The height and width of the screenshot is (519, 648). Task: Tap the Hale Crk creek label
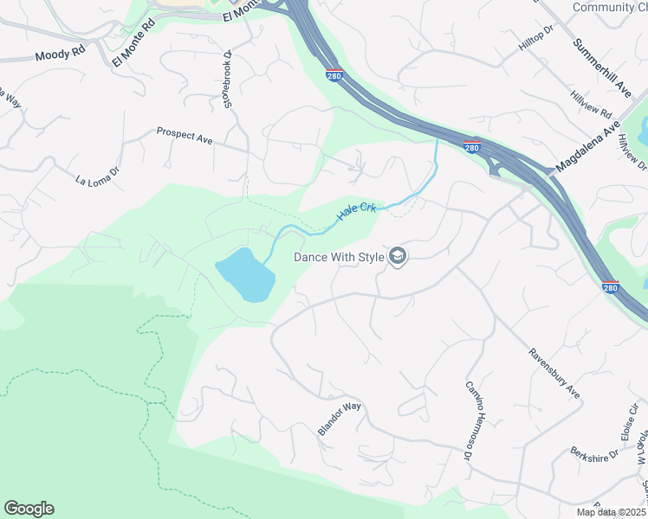click(356, 210)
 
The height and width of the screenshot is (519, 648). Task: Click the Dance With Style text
click(339, 257)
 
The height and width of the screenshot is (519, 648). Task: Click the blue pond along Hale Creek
click(245, 276)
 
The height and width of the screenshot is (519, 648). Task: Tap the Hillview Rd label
click(591, 105)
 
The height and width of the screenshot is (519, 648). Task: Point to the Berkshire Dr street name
click(594, 452)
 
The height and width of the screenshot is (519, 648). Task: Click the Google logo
click(29, 509)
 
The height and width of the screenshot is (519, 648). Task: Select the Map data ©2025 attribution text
click(611, 512)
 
